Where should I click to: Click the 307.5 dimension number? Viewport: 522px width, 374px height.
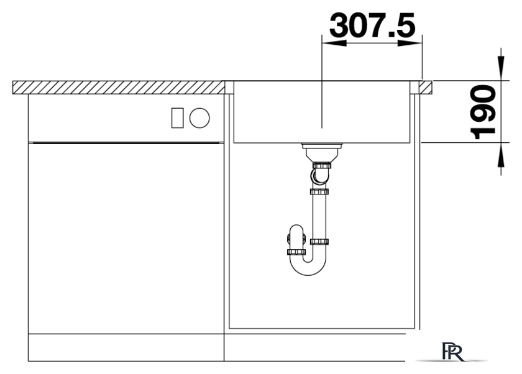(372, 25)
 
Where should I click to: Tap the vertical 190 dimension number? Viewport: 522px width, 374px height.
(482, 112)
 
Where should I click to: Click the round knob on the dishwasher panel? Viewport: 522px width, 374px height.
(199, 118)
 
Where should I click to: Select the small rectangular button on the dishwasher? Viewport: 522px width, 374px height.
(177, 118)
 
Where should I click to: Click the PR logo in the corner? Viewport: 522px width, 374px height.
(452, 352)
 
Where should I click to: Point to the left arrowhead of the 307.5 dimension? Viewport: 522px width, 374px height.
(334, 43)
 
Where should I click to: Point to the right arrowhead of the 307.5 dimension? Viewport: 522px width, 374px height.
(410, 43)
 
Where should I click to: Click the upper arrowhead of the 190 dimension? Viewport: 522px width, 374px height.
(501, 68)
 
